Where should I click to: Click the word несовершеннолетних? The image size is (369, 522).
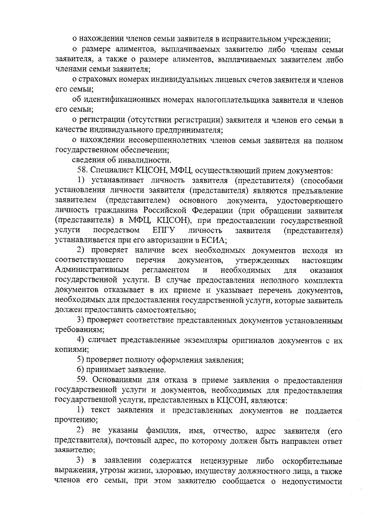click(167, 141)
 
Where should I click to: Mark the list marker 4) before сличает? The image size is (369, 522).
click(81, 340)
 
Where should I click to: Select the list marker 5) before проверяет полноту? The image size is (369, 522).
click(81, 360)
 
